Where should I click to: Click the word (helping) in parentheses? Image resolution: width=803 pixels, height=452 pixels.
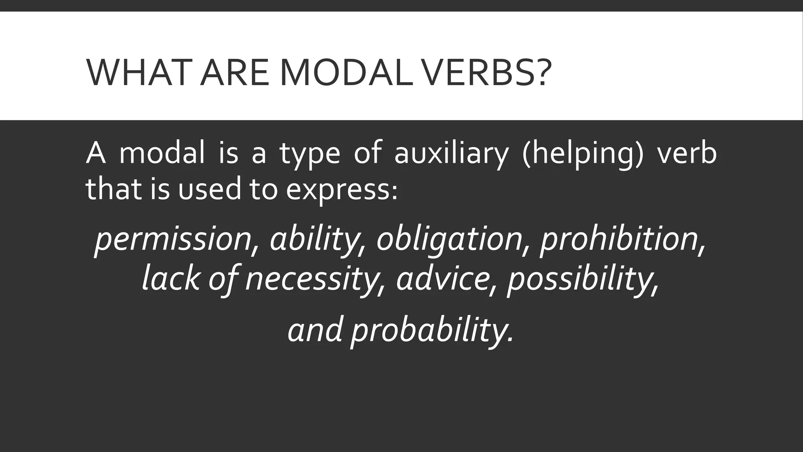[583, 154]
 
